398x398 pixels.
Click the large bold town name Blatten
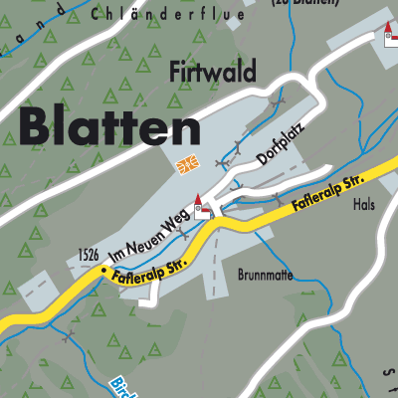(107, 128)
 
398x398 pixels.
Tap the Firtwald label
(213, 73)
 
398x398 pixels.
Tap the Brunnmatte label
(266, 274)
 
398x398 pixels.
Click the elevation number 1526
(88, 257)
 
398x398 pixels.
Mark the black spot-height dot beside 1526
(101, 268)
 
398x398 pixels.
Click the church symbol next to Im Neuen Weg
(202, 205)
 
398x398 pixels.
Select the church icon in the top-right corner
(389, 36)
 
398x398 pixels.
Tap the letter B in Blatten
(37, 128)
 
